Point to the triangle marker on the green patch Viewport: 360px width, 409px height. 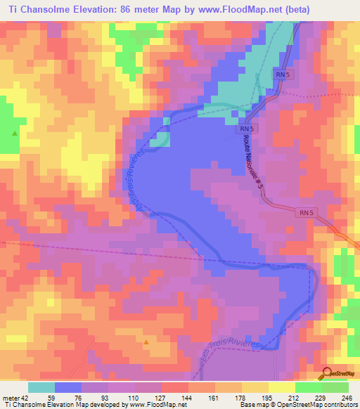pyautogui.click(x=14, y=132)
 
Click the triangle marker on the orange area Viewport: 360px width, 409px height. pyautogui.click(x=146, y=342)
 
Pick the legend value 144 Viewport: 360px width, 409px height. pyautogui.click(x=176, y=397)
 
